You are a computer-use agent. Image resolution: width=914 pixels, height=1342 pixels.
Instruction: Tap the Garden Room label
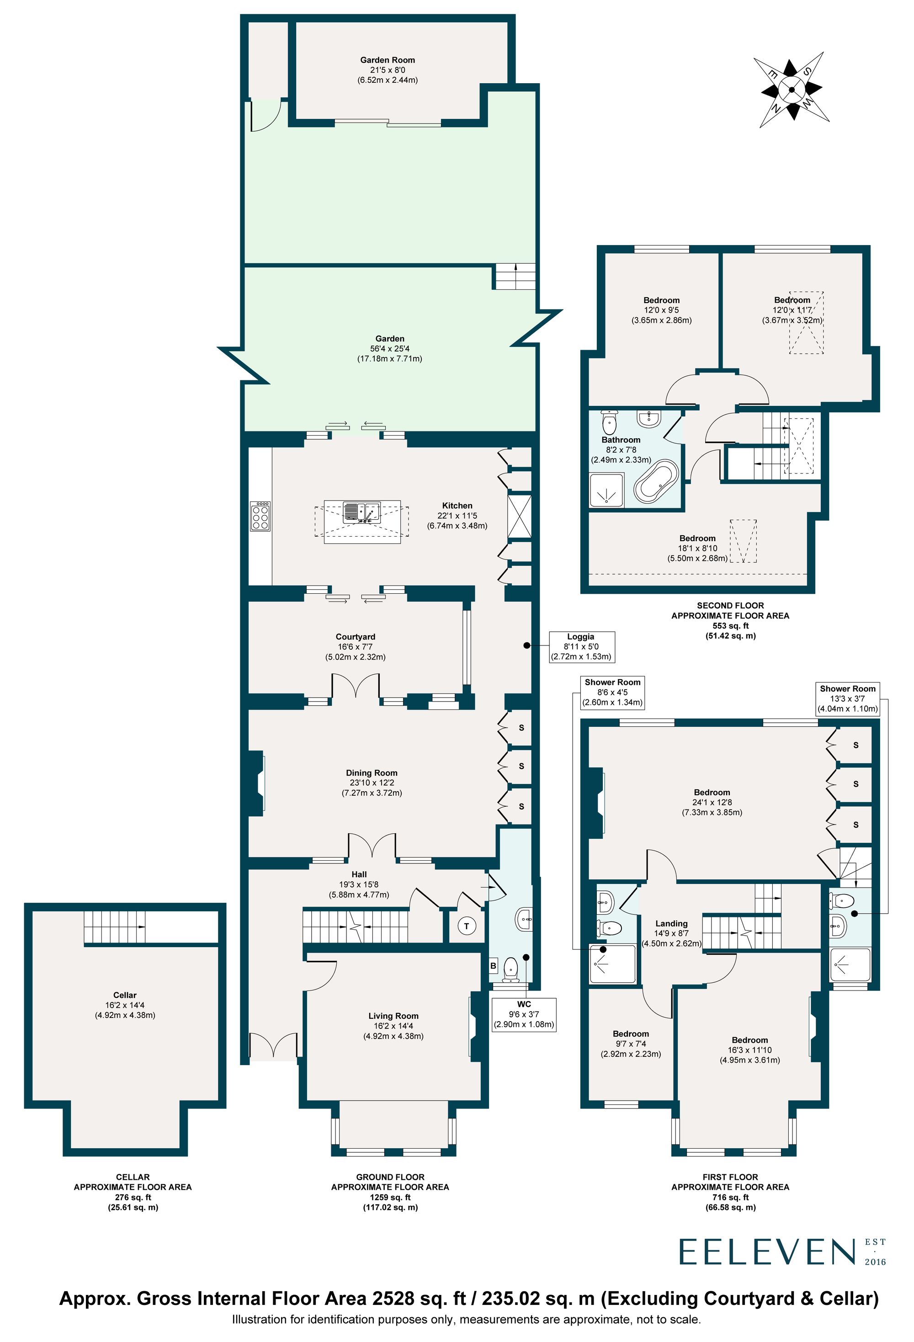pos(388,60)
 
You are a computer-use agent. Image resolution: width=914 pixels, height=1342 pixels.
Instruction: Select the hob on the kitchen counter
pos(260,516)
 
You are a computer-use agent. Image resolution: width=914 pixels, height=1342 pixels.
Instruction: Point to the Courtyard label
pos(355,637)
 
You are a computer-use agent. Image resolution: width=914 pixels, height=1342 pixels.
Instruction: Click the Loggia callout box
pos(581,646)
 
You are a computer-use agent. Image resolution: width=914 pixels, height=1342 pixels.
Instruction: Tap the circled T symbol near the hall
pos(467,926)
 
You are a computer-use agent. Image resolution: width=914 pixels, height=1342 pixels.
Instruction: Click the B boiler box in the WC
pos(494,965)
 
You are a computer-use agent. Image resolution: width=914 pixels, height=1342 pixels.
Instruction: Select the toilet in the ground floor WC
pos(511,969)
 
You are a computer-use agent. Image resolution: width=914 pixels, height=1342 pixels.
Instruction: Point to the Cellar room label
pos(125,995)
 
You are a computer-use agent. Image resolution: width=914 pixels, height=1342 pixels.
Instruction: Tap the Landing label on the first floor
pos(671,923)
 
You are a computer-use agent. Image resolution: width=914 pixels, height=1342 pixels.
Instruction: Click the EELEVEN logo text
pos(766,1252)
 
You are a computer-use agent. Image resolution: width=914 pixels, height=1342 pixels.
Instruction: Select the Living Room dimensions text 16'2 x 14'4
pos(393,1026)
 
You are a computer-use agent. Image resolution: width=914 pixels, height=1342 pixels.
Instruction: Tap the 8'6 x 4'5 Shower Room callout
pos(612,692)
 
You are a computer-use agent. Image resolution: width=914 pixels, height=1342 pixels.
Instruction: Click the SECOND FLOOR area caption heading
pos(730,605)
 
